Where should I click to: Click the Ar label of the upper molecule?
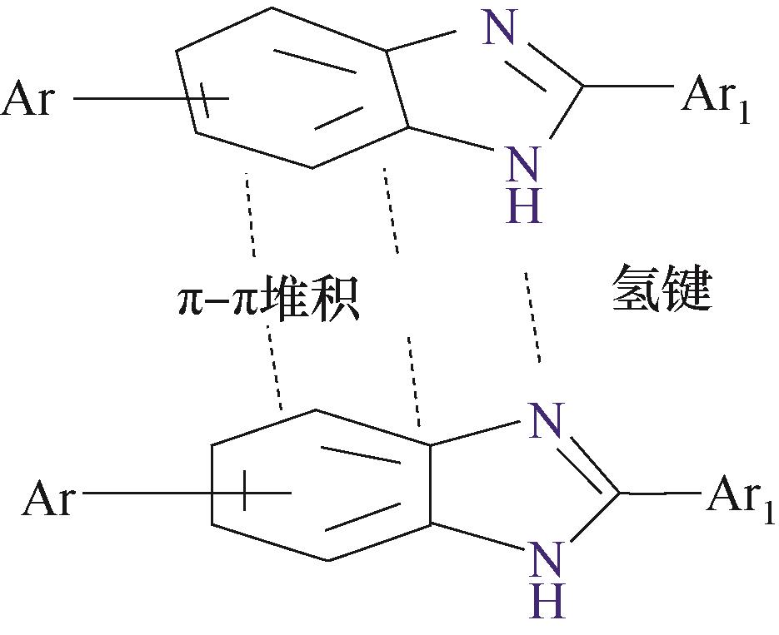tap(27, 98)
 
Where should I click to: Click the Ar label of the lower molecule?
tap(48, 498)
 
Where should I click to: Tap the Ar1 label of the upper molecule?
tap(716, 97)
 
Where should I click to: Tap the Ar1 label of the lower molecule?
tap(740, 498)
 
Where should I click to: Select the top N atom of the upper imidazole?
tap(497, 27)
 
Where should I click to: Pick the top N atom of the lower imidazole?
tap(546, 420)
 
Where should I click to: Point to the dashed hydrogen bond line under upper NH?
tap(532, 316)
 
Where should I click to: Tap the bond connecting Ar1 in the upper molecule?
tap(628, 87)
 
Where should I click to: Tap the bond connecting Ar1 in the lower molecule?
tap(661, 494)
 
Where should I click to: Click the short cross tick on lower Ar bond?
tap(244, 491)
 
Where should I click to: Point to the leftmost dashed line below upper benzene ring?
tap(251, 215)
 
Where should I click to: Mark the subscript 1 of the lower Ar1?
tap(767, 512)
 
